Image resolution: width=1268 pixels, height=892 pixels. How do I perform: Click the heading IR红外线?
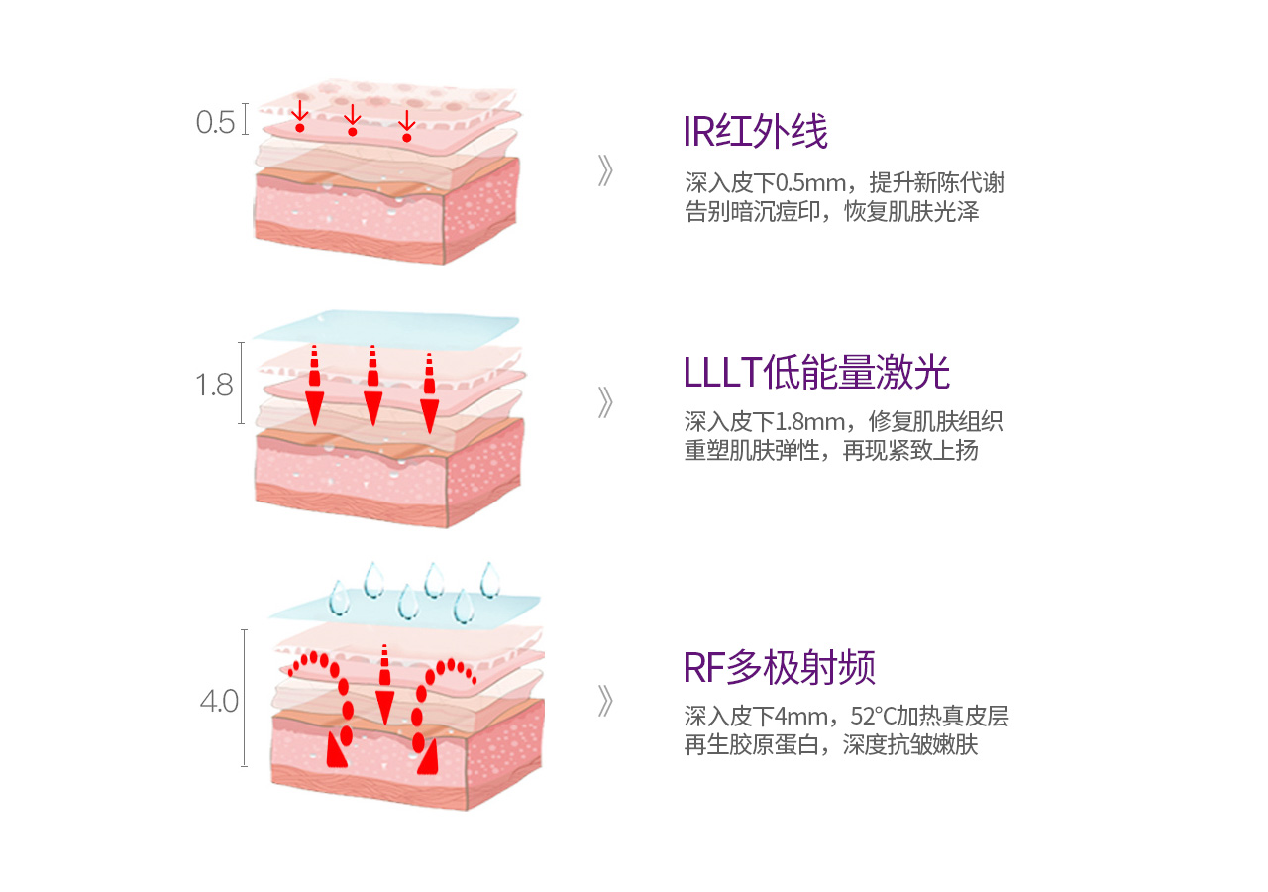tap(755, 132)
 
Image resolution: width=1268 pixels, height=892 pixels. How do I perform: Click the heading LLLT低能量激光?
tap(816, 373)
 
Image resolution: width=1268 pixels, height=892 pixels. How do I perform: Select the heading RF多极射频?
tap(780, 668)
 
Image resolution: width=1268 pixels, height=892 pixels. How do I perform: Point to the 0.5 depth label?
tap(216, 123)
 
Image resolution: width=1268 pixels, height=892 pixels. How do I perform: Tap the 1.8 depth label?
tap(215, 385)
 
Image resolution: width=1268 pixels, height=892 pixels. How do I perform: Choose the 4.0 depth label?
tap(219, 702)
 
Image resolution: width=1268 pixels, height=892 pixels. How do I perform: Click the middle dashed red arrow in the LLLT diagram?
tap(372, 386)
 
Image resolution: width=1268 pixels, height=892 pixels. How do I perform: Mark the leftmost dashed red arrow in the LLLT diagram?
tap(314, 386)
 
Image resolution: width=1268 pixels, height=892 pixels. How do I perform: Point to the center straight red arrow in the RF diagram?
tap(384, 684)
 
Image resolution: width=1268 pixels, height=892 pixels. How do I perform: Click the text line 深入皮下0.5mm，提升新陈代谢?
tap(844, 183)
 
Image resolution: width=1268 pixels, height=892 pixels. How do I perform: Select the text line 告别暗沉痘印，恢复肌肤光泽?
tap(831, 211)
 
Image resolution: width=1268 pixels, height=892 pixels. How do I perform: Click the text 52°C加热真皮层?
tap(929, 717)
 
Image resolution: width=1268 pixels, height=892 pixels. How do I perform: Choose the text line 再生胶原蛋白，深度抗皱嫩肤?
tap(831, 745)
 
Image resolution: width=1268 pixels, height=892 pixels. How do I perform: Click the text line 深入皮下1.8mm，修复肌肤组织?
tap(843, 421)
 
